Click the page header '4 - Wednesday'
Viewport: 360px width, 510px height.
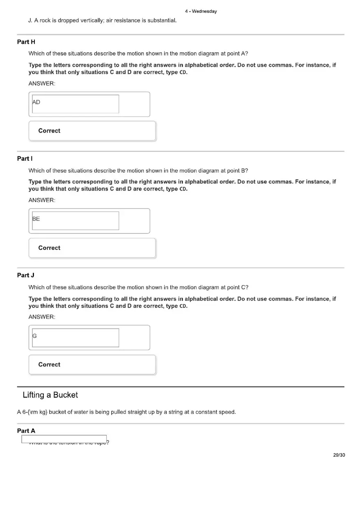pyautogui.click(x=200, y=11)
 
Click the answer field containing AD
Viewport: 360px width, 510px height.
pyautogui.click(x=76, y=104)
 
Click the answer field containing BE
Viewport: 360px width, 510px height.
pyautogui.click(x=76, y=220)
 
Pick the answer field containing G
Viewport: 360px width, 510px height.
pyautogui.click(x=76, y=337)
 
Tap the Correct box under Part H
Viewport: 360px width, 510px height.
pyautogui.click(x=92, y=131)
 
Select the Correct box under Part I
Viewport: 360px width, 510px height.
pyautogui.click(x=92, y=248)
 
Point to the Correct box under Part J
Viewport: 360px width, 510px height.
pyautogui.click(x=92, y=364)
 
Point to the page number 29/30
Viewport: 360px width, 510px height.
pyautogui.click(x=339, y=455)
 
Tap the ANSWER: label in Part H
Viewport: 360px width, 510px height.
pyautogui.click(x=42, y=83)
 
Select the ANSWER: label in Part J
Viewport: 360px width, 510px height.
pyautogui.click(x=42, y=317)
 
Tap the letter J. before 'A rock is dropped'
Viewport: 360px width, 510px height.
pyautogui.click(x=31, y=20)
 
